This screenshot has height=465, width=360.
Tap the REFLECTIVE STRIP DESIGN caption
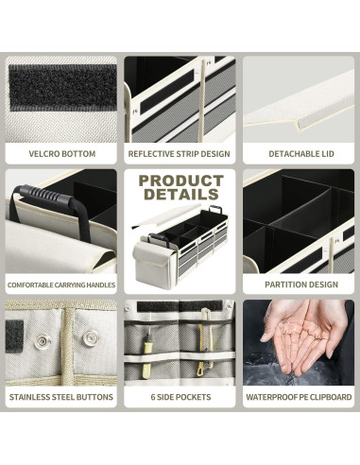(180, 153)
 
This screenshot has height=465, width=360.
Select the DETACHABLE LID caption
(299, 153)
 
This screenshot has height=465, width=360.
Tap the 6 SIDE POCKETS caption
(180, 397)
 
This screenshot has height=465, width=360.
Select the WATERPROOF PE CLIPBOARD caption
(299, 397)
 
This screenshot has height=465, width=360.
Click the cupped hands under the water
(300, 338)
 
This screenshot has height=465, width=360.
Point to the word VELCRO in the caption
(45, 153)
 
